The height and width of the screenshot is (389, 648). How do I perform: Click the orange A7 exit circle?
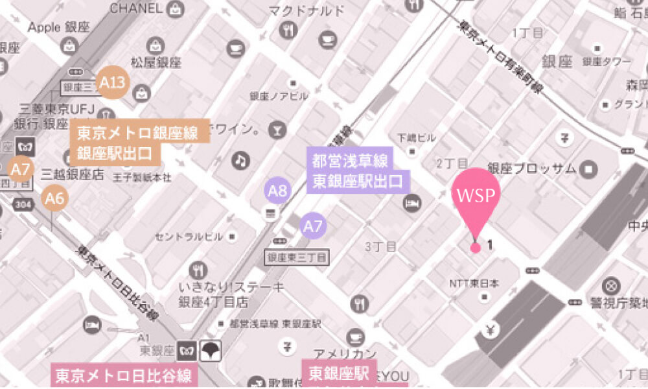click(21, 170)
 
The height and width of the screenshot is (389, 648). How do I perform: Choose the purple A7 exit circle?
click(314, 226)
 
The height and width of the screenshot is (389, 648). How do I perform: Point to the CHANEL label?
click(135, 8)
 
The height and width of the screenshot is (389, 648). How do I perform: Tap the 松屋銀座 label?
click(156, 62)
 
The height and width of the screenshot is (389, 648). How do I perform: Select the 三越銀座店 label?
click(73, 173)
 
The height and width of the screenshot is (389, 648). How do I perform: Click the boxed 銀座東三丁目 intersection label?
click(297, 258)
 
